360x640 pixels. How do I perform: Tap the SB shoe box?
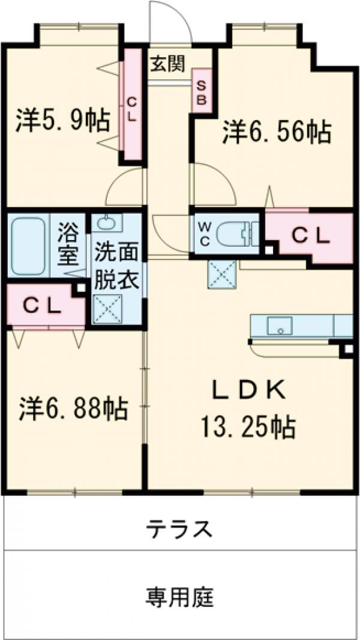click(x=202, y=90)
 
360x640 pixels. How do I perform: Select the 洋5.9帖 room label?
click(x=62, y=120)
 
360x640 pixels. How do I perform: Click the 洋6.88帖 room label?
click(x=73, y=409)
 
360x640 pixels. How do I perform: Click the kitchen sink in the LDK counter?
click(x=278, y=327)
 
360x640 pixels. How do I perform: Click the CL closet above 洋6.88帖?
click(x=42, y=306)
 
